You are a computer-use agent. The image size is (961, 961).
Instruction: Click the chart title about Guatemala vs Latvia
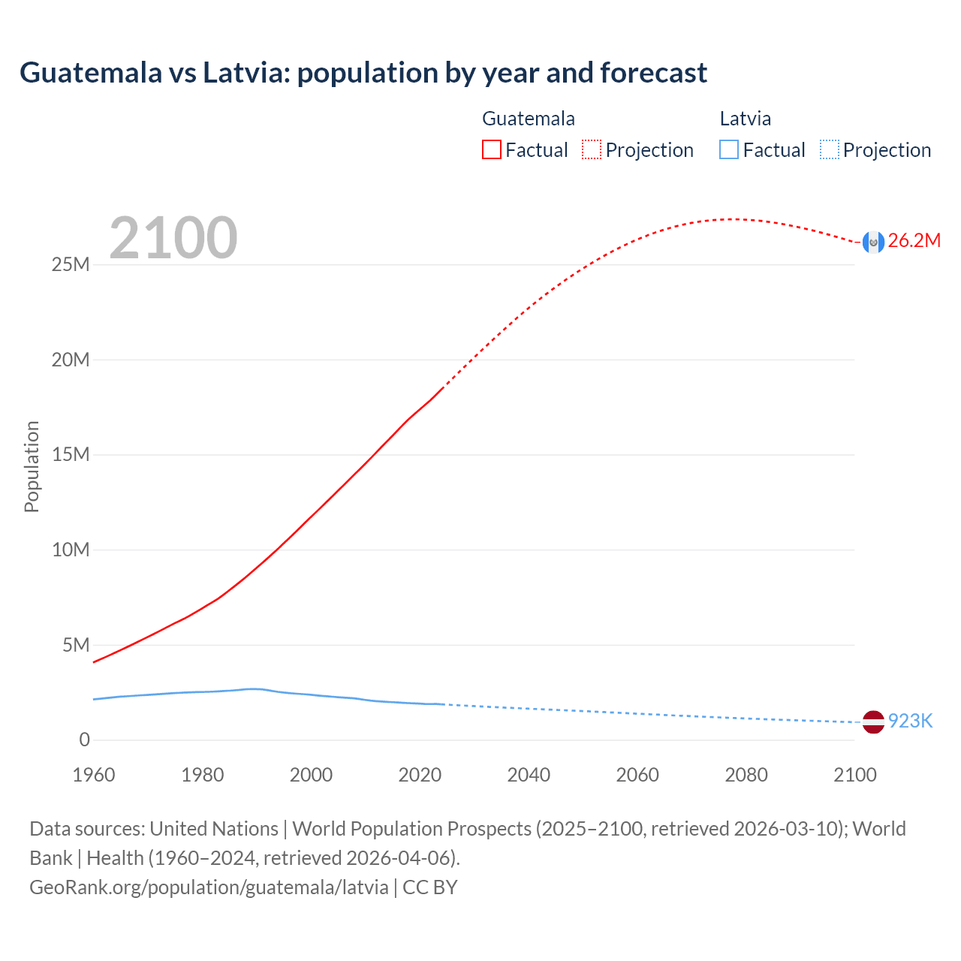point(363,73)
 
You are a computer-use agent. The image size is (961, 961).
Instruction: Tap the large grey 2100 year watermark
point(173,238)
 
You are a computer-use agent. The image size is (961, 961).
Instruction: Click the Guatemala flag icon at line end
point(873,242)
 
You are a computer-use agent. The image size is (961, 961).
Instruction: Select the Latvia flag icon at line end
point(873,722)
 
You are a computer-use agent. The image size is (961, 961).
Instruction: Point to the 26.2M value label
point(914,241)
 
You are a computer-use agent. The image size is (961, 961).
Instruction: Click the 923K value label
point(910,722)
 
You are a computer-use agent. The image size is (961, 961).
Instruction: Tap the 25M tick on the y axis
point(71,265)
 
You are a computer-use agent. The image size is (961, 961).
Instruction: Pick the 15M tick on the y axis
point(71,455)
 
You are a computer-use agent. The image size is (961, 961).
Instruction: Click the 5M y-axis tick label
point(75,645)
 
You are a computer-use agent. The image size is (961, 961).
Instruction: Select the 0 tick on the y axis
point(84,740)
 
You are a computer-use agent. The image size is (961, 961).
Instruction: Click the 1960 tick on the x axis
point(94,775)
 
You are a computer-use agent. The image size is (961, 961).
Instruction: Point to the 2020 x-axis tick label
point(420,775)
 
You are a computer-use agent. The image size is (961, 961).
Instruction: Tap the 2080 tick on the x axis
point(746,775)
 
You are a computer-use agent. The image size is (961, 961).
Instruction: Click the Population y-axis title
point(32,466)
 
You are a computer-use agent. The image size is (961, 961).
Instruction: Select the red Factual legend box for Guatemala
point(492,150)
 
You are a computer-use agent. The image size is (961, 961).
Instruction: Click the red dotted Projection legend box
point(592,150)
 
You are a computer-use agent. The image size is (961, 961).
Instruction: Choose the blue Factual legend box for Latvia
point(729,150)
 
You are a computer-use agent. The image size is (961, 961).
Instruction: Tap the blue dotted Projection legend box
point(830,150)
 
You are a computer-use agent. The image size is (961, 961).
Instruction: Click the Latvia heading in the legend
point(745,119)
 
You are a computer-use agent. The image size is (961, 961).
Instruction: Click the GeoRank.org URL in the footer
point(209,887)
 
